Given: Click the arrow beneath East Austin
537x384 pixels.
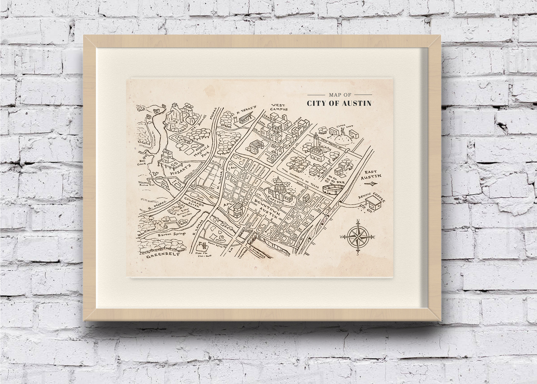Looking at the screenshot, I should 370,184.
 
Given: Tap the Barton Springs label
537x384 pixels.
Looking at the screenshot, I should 172,234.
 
